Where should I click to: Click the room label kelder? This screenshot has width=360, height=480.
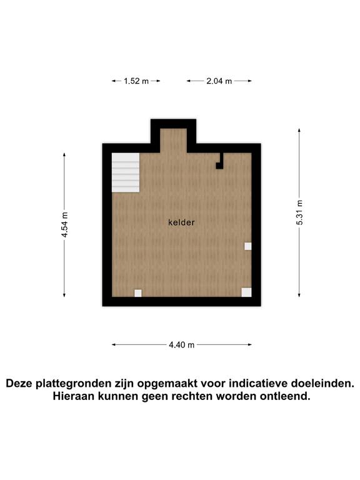pos(181,222)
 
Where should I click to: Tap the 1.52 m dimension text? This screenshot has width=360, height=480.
pos(136,81)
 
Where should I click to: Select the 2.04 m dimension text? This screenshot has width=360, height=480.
pos(219,81)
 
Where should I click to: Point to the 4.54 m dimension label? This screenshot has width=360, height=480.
pos(64,225)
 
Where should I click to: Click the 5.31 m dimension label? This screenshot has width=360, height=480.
pos(299,212)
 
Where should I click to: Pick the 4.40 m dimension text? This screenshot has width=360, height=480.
pos(181,345)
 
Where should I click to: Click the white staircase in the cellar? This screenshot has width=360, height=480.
pos(126,172)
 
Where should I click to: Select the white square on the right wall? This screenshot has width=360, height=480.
pos(248,246)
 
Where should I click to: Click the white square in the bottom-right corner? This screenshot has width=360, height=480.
pos(246,292)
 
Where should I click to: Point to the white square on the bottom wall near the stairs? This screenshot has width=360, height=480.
pos(138,293)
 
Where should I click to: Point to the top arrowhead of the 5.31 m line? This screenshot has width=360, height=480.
pos(299,131)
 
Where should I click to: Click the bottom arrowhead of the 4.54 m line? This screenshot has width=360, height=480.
pos(64,295)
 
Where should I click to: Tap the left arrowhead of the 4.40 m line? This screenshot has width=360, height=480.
pos(114,345)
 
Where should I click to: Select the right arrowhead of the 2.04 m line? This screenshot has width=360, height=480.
pos(249,81)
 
